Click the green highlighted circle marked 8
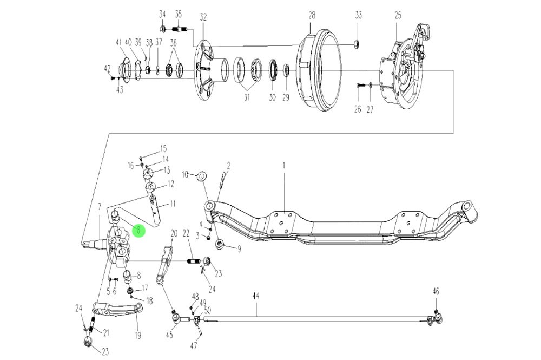[x=138, y=231]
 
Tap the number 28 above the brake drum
[x=312, y=16]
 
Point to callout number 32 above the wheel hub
[x=203, y=17]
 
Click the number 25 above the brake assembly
[x=398, y=16]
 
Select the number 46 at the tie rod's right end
[x=436, y=291]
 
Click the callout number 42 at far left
[x=107, y=68]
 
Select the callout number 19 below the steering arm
[x=137, y=336]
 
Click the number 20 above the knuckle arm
[x=174, y=233]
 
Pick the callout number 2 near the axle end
[x=228, y=165]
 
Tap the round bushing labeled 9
[x=219, y=245]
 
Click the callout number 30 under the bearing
[x=272, y=97]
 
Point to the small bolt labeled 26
[x=358, y=85]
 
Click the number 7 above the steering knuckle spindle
[x=99, y=206]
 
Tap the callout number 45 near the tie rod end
[x=169, y=334]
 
